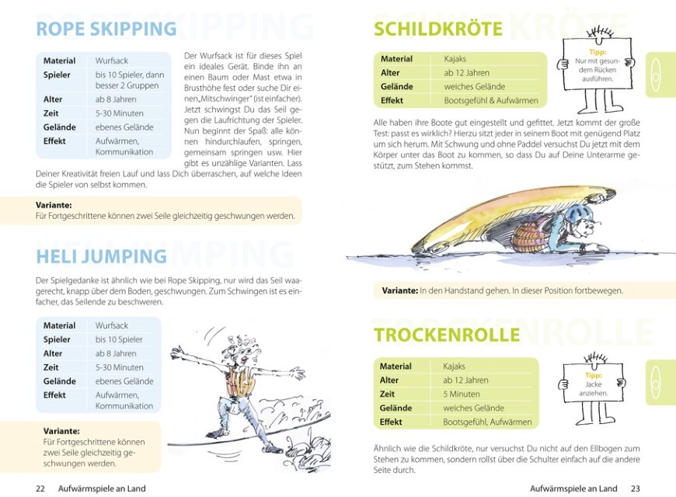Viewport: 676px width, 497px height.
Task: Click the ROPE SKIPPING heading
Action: click(106, 30)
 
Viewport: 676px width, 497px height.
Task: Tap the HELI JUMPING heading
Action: click(102, 256)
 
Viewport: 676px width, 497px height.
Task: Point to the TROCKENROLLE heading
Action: click(447, 335)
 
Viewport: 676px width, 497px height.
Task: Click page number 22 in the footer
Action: click(41, 488)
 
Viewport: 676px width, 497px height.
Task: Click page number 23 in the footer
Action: click(635, 488)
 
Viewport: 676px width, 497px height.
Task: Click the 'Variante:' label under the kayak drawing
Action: click(399, 290)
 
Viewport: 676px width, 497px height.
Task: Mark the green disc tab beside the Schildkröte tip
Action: click(660, 74)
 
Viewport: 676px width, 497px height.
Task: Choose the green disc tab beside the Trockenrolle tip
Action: click(660, 381)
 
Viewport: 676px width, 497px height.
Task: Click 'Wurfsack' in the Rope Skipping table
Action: click(112, 61)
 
